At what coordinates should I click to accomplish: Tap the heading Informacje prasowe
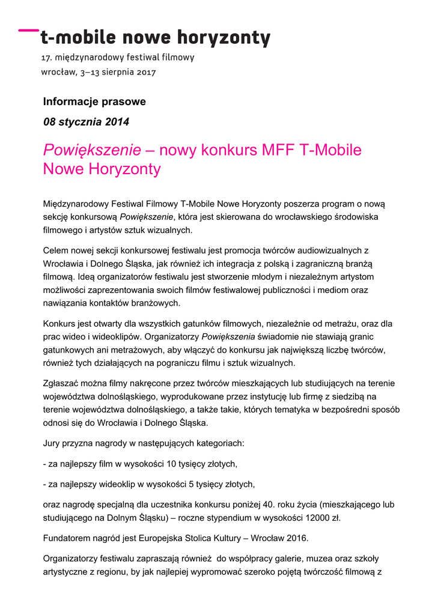pos(94,101)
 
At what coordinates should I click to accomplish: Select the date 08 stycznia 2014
pos(86,122)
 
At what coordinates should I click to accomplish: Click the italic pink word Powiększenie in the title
pos(92,150)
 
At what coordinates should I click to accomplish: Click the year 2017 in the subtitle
pos(145,73)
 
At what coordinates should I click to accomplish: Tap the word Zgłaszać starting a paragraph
pos(65,383)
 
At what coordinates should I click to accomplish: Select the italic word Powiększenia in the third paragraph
pos(228,336)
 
